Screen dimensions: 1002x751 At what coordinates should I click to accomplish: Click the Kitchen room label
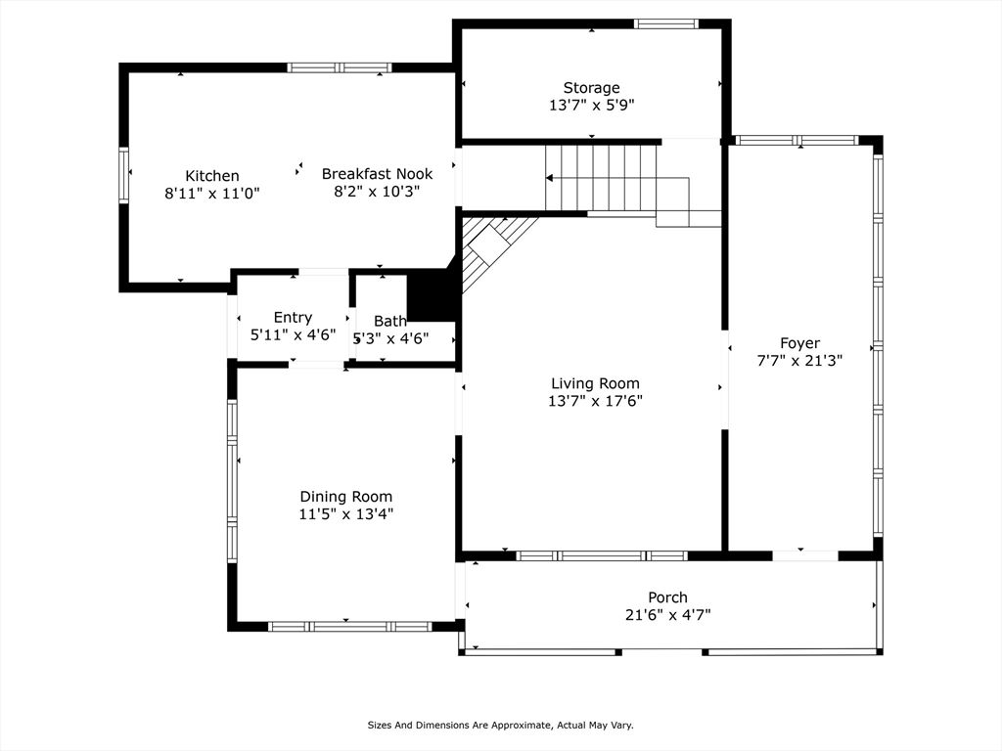click(212, 176)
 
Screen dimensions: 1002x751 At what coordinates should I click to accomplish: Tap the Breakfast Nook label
click(377, 174)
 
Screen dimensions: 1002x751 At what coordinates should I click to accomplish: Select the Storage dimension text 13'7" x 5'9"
click(591, 105)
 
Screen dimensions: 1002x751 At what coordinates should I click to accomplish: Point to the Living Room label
click(595, 383)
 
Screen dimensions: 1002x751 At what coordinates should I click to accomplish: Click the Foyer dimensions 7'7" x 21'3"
click(799, 360)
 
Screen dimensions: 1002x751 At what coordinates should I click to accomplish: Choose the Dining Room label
click(345, 497)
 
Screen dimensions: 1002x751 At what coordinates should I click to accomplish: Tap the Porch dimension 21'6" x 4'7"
click(667, 614)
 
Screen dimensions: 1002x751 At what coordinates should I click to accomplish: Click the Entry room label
click(293, 318)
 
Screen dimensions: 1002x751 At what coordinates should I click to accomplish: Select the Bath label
click(389, 321)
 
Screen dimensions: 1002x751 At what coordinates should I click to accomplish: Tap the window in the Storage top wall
click(665, 24)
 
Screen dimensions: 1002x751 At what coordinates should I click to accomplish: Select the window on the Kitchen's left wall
click(123, 175)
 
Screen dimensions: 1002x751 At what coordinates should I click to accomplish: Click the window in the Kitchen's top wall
click(339, 67)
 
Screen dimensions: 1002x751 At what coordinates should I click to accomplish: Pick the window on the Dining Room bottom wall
click(349, 627)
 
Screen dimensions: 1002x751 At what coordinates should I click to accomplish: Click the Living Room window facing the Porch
click(602, 556)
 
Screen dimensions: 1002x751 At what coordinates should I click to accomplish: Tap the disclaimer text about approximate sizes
click(500, 725)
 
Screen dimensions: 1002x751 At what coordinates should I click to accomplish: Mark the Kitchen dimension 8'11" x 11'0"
click(212, 193)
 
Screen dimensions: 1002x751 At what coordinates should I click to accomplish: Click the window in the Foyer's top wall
click(797, 141)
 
